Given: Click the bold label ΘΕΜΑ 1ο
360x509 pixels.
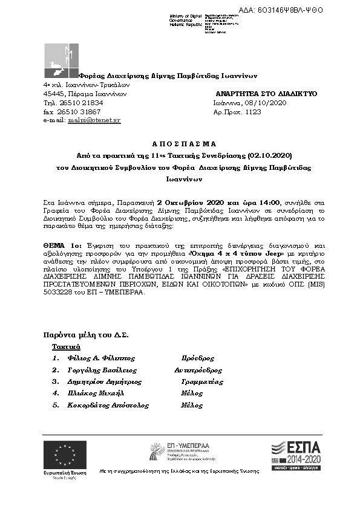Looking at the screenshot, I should tap(62, 245).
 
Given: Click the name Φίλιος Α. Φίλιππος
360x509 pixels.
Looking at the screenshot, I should tap(101, 358).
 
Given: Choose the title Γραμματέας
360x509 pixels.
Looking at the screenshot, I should tap(202, 381).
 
